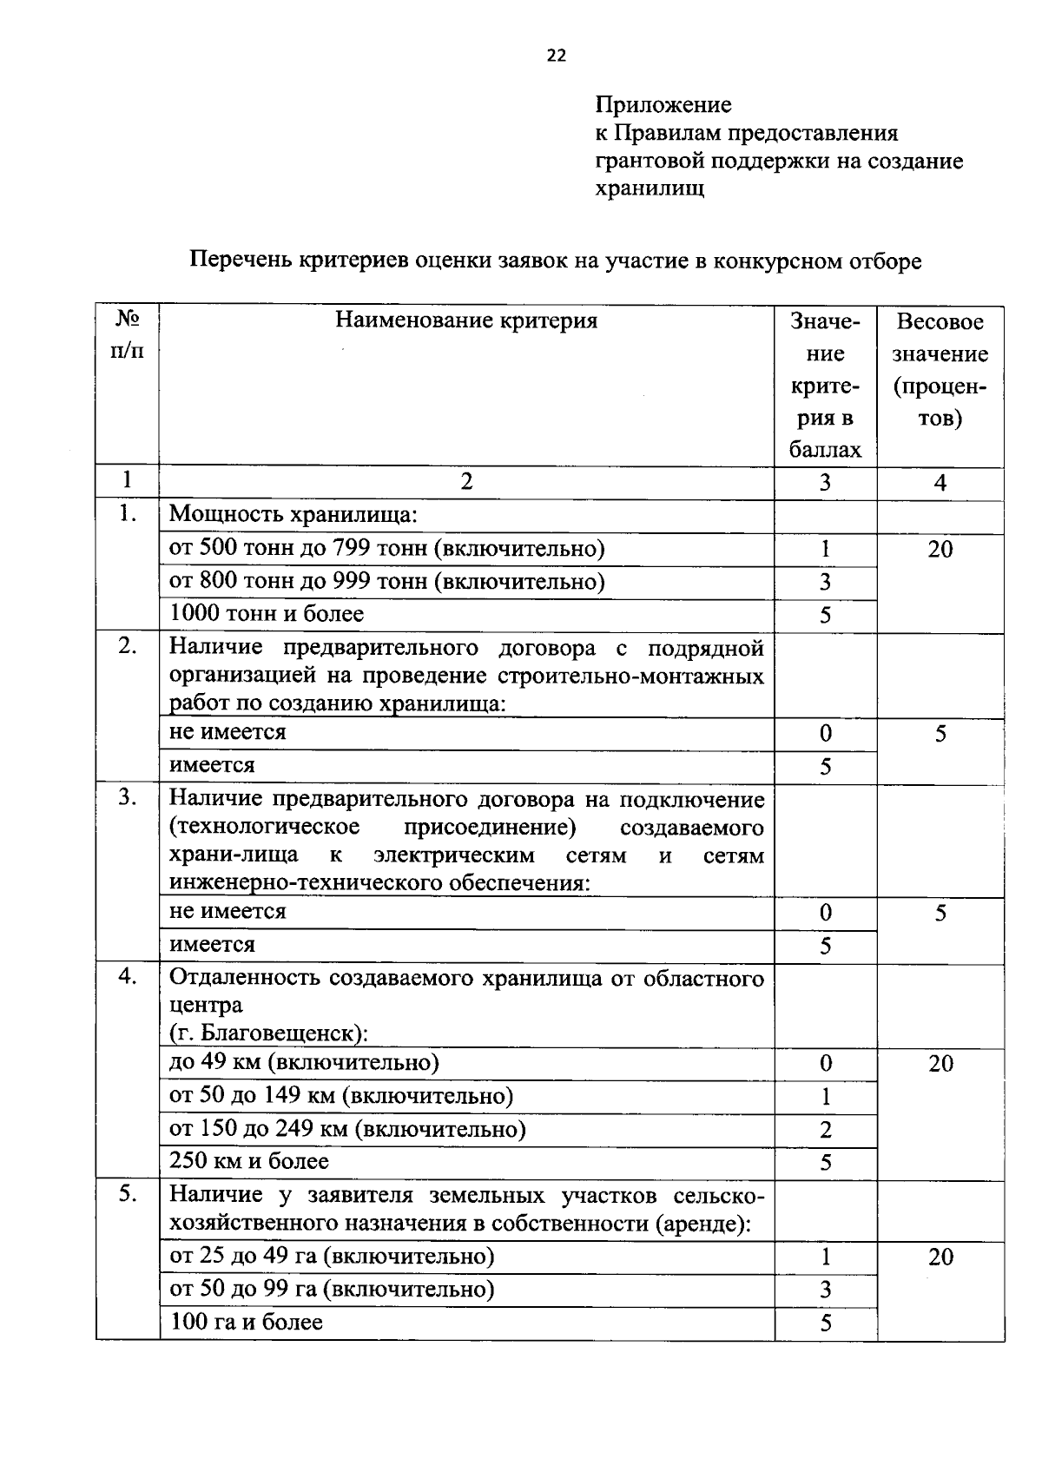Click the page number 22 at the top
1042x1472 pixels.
(x=556, y=56)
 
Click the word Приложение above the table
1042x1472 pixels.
(x=663, y=105)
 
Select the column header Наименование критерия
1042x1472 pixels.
(x=466, y=321)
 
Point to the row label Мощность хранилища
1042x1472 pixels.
(x=293, y=515)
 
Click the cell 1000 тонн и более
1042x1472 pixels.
(x=266, y=614)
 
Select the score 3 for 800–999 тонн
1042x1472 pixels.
(x=825, y=582)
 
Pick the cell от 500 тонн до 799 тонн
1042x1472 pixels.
(x=386, y=548)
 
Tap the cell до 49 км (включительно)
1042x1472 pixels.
(x=304, y=1063)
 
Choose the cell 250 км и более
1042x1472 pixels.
(x=248, y=1161)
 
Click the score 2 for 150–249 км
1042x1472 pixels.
(x=825, y=1130)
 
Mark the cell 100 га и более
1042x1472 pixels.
(x=246, y=1323)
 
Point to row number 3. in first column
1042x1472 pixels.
(x=128, y=797)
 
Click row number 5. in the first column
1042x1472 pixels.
(x=128, y=1194)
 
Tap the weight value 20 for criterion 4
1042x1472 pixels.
(x=940, y=1064)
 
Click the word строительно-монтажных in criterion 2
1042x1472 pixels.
(x=631, y=677)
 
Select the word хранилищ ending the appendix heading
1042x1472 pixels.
(x=650, y=188)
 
